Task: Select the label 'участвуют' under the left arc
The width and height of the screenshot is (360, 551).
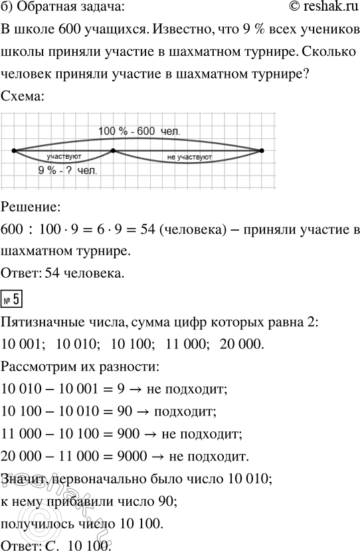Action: (64, 157)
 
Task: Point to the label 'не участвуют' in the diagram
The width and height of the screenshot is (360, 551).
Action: (191, 158)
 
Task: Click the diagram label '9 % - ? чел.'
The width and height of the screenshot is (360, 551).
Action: (68, 171)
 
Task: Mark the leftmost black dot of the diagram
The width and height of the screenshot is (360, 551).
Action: (14, 151)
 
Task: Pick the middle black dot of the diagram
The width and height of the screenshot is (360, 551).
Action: (114, 151)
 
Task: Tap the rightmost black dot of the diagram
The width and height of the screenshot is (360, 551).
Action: (262, 151)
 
